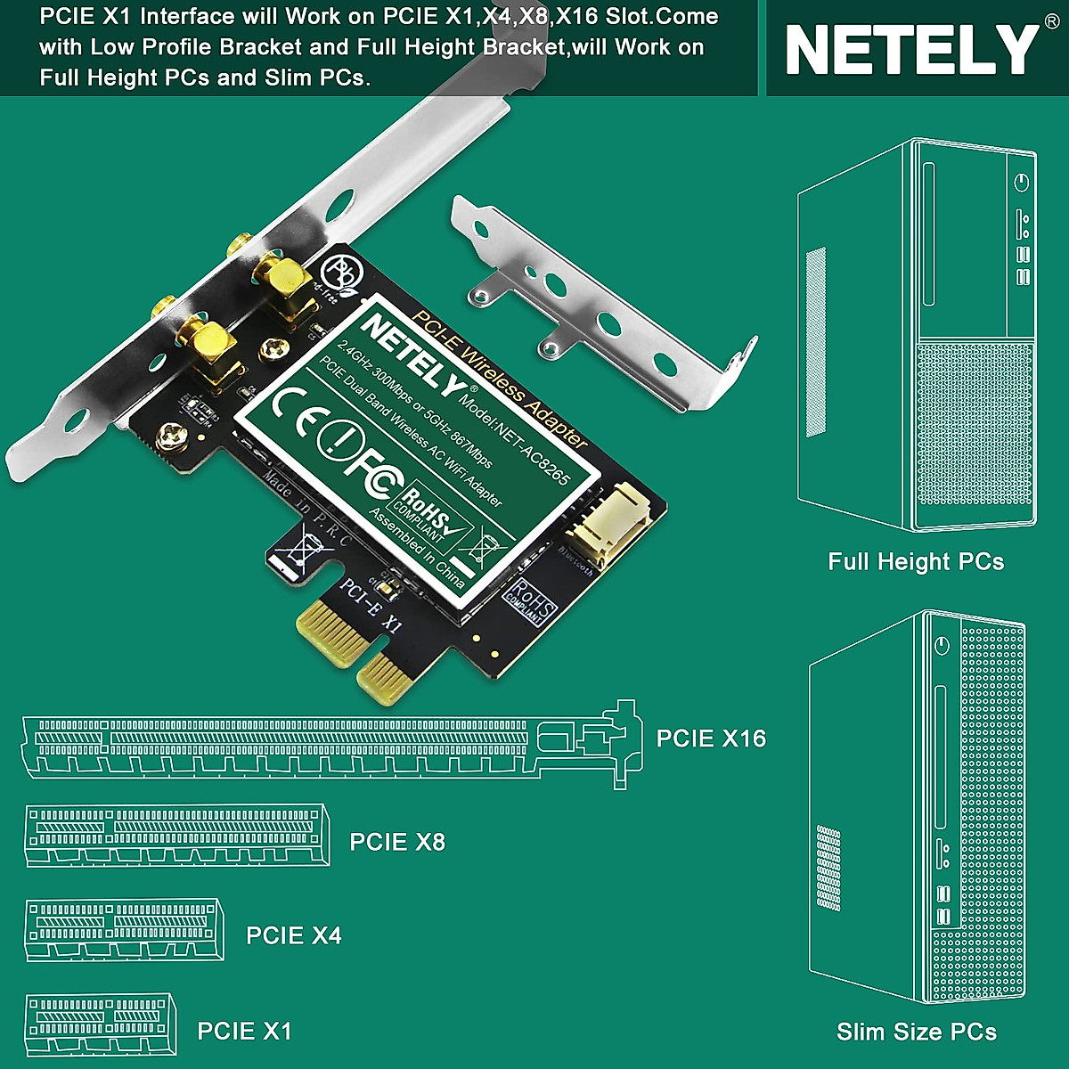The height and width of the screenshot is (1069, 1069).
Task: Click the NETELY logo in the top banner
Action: [911, 50]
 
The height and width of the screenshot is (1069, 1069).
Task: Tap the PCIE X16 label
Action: [711, 739]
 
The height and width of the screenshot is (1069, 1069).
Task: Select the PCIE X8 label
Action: [397, 842]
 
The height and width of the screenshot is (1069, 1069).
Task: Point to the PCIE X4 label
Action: [294, 935]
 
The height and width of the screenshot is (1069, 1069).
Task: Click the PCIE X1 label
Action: [245, 1031]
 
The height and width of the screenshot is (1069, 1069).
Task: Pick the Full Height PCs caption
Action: [916, 562]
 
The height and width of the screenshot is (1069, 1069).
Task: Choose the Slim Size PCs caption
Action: [917, 1032]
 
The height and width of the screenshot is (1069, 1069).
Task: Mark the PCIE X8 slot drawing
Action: [175, 835]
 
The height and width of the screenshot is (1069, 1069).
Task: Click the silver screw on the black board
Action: [170, 436]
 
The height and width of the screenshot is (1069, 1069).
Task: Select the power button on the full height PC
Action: [1022, 183]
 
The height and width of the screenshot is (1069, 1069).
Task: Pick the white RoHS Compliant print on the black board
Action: [531, 602]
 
